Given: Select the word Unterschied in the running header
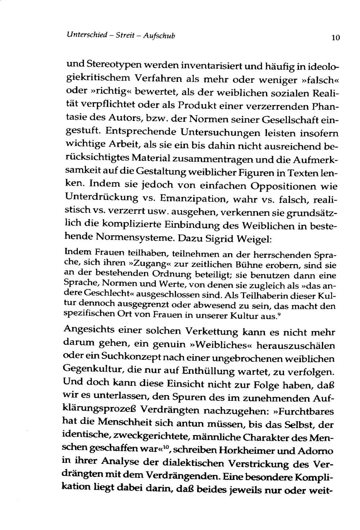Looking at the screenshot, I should pyautogui.click(x=87, y=35).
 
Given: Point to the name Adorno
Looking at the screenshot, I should pyautogui.click(x=317, y=451).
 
